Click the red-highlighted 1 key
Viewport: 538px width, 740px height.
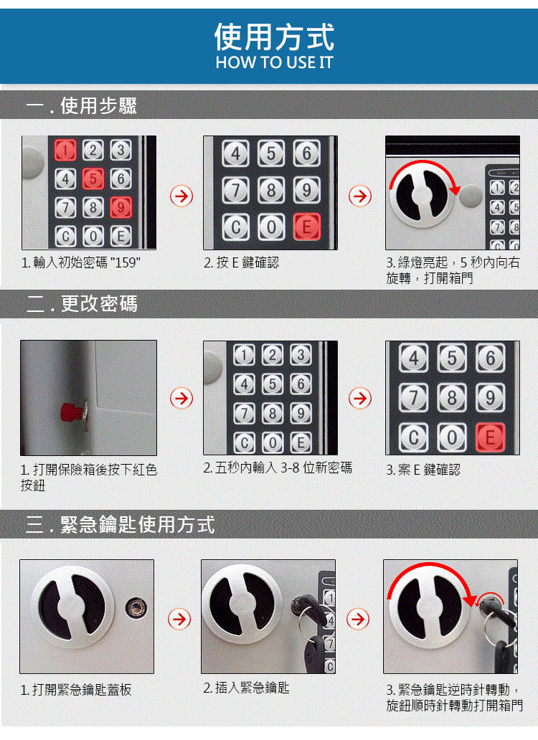(x=65, y=151)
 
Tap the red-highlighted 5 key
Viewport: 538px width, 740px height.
(x=93, y=179)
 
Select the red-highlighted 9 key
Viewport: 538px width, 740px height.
(x=121, y=207)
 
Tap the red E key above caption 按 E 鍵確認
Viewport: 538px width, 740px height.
(x=307, y=227)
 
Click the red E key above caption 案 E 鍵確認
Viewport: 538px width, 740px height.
(x=490, y=437)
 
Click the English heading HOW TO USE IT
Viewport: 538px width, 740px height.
(x=274, y=62)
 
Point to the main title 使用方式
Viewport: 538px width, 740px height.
(x=274, y=37)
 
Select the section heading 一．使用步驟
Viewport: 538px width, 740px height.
(x=81, y=105)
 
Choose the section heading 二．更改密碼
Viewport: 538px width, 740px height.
(x=82, y=303)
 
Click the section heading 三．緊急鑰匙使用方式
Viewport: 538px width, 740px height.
(x=121, y=524)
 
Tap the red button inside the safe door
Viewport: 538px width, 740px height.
(x=72, y=412)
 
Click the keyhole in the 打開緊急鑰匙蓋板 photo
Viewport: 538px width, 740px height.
(x=136, y=607)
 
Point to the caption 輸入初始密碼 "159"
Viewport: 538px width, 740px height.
(x=80, y=262)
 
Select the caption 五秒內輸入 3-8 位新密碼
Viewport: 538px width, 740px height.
(x=278, y=468)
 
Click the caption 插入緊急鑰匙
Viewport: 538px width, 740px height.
(x=246, y=688)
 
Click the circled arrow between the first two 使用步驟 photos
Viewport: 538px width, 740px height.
(x=181, y=196)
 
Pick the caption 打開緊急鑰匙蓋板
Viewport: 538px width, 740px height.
(x=76, y=690)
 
